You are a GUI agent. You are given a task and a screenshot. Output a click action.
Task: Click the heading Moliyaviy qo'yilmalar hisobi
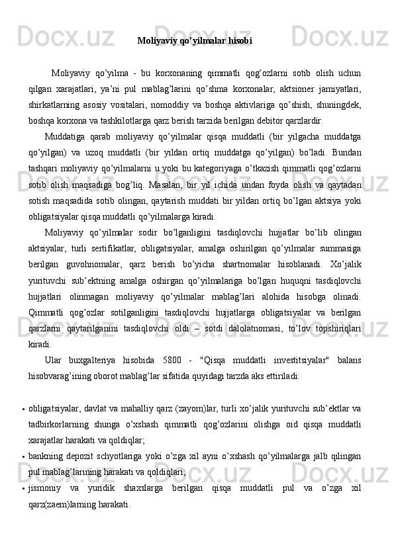[x=195, y=41]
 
